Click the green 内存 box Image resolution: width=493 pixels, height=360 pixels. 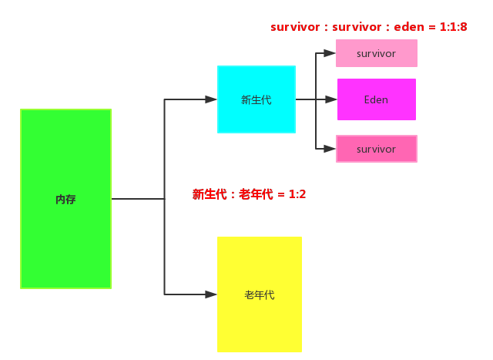tap(65, 199)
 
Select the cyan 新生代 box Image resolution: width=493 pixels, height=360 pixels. tap(257, 99)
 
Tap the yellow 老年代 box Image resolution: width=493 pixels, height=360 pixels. tap(260, 294)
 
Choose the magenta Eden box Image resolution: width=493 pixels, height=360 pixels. tap(377, 99)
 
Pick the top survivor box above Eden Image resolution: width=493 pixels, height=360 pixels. tap(377, 53)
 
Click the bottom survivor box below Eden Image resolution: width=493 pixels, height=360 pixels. tap(377, 149)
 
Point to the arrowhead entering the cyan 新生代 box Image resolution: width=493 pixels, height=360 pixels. tap(211, 99)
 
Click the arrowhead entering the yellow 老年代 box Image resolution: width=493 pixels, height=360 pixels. tap(211, 294)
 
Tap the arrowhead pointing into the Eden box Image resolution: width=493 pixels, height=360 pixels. tap(331, 99)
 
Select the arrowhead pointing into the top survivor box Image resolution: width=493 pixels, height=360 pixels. tap(330, 53)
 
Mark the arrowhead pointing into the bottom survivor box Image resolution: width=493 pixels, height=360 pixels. tap(330, 148)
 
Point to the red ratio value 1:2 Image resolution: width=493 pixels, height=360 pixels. tap(297, 194)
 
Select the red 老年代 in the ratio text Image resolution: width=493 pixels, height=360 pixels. tap(257, 194)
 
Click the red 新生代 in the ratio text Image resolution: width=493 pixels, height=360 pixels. tap(210, 194)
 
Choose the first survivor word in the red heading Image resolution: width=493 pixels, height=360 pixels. tap(295, 27)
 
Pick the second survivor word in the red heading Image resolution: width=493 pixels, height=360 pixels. tap(357, 27)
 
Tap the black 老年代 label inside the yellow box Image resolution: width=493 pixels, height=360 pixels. tap(260, 294)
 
